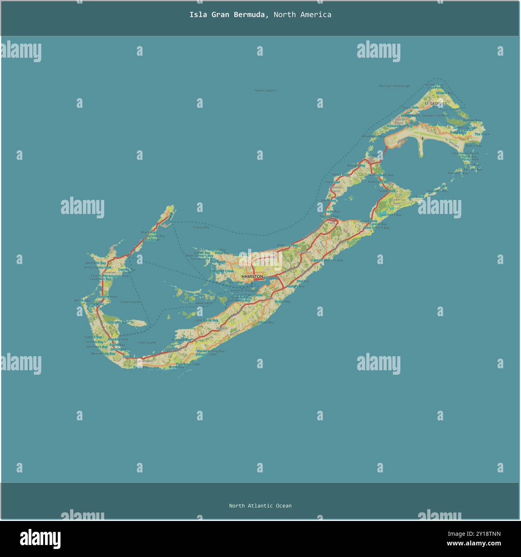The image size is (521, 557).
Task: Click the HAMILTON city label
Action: [252, 276]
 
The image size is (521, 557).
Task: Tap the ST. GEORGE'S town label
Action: [436, 104]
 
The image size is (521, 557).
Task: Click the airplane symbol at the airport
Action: [422, 139]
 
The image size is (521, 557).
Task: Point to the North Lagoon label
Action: [265, 91]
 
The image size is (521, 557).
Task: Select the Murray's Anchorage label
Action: [394, 86]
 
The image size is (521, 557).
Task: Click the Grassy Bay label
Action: [201, 227]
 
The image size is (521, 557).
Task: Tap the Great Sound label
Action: [130, 302]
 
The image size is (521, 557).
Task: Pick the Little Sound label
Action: [146, 343]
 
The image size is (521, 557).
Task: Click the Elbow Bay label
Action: [266, 322]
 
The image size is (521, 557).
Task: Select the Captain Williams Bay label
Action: [327, 260]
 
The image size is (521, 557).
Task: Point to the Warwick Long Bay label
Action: [211, 351]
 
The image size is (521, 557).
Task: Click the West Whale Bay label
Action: [103, 353]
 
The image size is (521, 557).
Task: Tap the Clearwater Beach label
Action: [465, 153]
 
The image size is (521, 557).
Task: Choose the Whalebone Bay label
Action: [373, 136]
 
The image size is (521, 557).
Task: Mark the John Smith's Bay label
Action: [376, 228]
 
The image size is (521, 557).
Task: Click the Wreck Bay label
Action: [82, 300]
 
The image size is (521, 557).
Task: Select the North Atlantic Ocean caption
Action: [260, 506]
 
